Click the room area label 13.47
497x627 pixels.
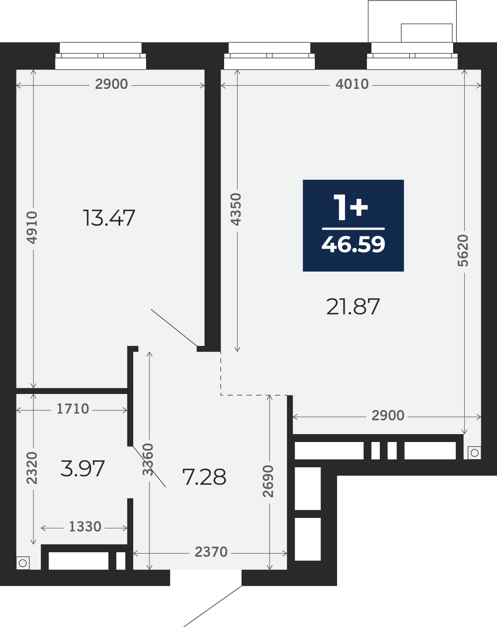[x=109, y=218]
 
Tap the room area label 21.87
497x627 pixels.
[x=353, y=307]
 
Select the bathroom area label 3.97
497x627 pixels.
[x=82, y=468]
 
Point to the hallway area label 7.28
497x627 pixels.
[x=204, y=477]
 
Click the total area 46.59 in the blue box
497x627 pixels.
[x=353, y=244]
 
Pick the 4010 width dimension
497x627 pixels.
[x=352, y=84]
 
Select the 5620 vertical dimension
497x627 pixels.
[x=463, y=251]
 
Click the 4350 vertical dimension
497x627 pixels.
[x=236, y=209]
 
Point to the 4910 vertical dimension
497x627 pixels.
[x=32, y=228]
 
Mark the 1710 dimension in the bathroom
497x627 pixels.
[x=73, y=409]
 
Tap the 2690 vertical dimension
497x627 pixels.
[x=268, y=481]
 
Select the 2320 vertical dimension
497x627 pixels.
[x=32, y=468]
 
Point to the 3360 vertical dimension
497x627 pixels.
[x=148, y=460]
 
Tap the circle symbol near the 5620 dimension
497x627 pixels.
[x=474, y=453]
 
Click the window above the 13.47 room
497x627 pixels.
[x=101, y=56]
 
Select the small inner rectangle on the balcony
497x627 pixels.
[x=427, y=33]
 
